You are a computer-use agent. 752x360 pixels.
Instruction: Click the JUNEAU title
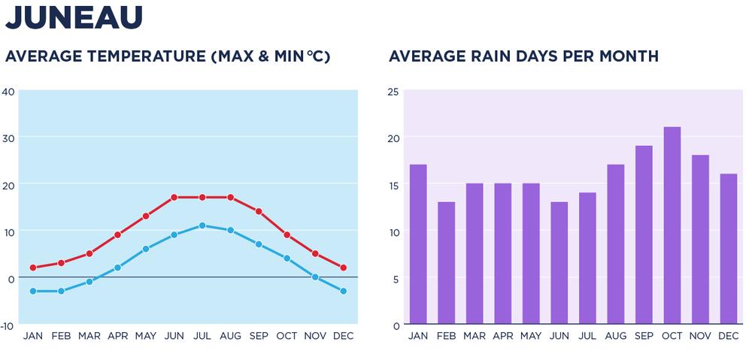[74, 17]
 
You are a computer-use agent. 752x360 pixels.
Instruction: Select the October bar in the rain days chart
[672, 225]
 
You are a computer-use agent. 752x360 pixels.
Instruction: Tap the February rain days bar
[446, 263]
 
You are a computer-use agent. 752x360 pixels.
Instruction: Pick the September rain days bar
[644, 234]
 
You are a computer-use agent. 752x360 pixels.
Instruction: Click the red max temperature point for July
[202, 198]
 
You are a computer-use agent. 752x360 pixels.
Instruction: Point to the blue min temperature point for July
[202, 225]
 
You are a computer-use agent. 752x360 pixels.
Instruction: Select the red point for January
[33, 268]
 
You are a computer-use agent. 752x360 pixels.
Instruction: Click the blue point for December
[343, 291]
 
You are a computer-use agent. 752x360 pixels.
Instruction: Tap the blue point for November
[315, 277]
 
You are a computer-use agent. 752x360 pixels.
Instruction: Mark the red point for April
[118, 235]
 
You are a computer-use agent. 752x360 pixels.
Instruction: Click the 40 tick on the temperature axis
[8, 92]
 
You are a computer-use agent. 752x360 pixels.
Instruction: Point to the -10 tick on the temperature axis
[8, 325]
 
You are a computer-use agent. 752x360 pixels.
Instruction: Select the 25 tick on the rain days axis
[393, 92]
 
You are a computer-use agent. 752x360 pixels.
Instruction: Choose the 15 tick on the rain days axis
[393, 185]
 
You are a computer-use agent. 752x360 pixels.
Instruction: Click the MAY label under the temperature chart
[146, 336]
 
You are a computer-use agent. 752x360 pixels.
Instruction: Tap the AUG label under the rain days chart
[615, 336]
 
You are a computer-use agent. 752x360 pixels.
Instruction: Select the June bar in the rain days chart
[559, 263]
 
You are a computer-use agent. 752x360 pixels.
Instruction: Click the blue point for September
[259, 244]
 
